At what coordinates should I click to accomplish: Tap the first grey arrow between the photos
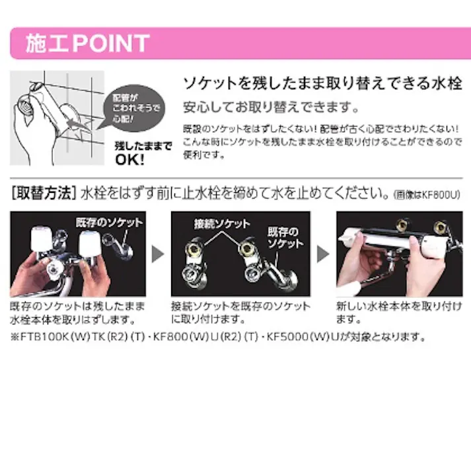tap(158, 254)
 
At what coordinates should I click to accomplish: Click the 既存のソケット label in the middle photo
tap(284, 238)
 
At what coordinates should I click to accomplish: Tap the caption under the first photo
tap(77, 313)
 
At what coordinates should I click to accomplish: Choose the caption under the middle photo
tap(241, 313)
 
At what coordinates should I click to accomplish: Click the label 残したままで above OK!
tap(143, 145)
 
